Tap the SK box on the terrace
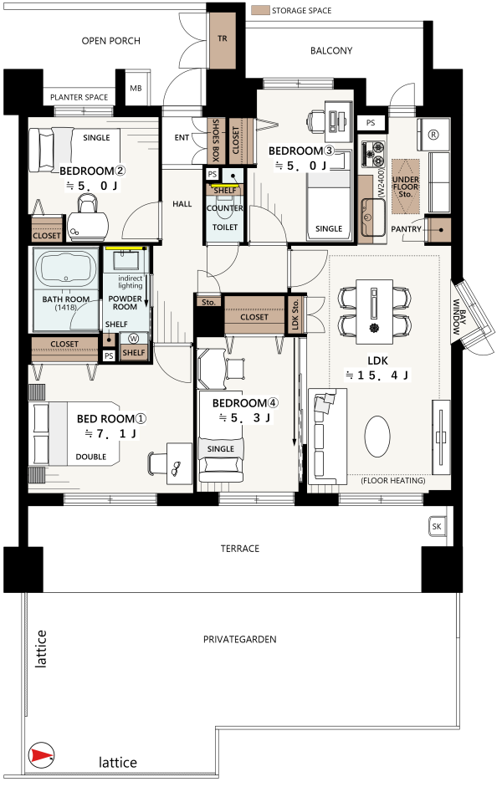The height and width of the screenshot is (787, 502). [437, 526]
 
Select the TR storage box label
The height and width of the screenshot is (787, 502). [223, 38]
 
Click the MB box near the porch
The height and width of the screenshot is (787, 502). [136, 88]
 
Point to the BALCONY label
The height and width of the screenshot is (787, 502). [331, 51]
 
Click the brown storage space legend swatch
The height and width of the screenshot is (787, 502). [260, 10]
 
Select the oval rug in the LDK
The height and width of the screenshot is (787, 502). [377, 437]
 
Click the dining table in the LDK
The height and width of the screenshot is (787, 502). [375, 312]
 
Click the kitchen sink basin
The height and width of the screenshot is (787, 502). [373, 217]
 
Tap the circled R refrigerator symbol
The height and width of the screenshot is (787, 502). [433, 135]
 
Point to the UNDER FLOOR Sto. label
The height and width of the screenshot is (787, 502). [405, 187]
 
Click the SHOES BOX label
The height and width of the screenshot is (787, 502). [216, 140]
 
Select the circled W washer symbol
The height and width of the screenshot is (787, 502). [134, 339]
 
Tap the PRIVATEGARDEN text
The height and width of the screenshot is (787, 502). [240, 640]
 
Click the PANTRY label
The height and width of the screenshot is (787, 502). [406, 229]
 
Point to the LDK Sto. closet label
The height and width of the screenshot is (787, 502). [295, 314]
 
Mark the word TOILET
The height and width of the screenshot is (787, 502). [225, 227]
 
